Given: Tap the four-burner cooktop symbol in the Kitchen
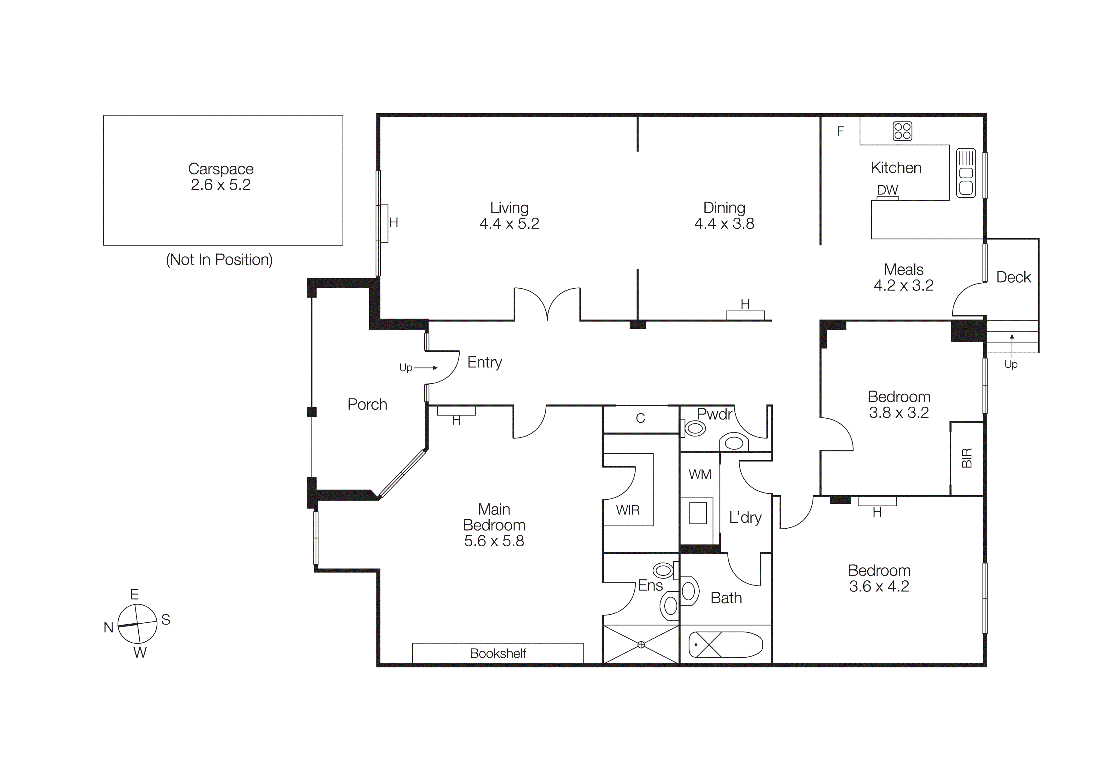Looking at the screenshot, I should click(x=902, y=131).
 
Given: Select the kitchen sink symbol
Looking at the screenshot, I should click(x=966, y=173).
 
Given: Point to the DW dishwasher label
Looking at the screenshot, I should click(x=887, y=190).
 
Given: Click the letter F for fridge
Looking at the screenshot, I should click(x=840, y=131).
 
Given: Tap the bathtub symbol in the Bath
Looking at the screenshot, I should click(x=725, y=645).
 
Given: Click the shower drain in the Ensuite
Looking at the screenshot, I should click(x=641, y=645).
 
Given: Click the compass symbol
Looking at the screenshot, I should click(x=137, y=624).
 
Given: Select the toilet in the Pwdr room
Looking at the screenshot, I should click(x=694, y=428).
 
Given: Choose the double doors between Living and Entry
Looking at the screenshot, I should click(x=547, y=303).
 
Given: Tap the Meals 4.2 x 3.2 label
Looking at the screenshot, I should click(x=903, y=278).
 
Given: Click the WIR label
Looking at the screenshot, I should click(x=628, y=510).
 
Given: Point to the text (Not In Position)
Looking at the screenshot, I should click(x=219, y=260).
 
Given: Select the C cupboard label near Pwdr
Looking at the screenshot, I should click(x=640, y=418).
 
